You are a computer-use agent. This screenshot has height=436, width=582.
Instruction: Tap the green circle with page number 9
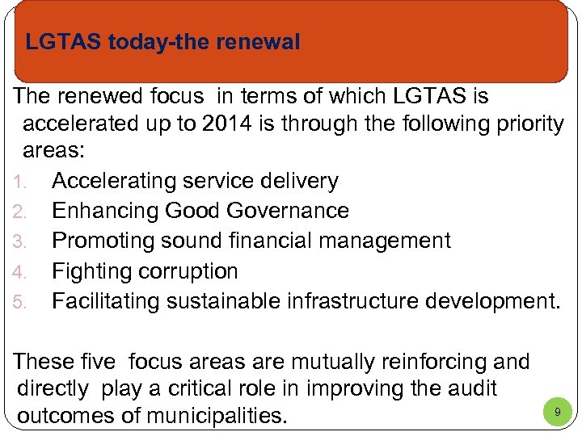tap(556, 412)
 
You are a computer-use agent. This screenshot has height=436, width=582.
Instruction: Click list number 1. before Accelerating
tap(22, 182)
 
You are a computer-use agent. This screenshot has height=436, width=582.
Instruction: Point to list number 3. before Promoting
tap(22, 241)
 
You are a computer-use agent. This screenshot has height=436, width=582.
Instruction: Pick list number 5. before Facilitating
tap(22, 302)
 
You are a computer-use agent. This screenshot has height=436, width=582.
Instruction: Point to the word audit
tap(470, 388)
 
